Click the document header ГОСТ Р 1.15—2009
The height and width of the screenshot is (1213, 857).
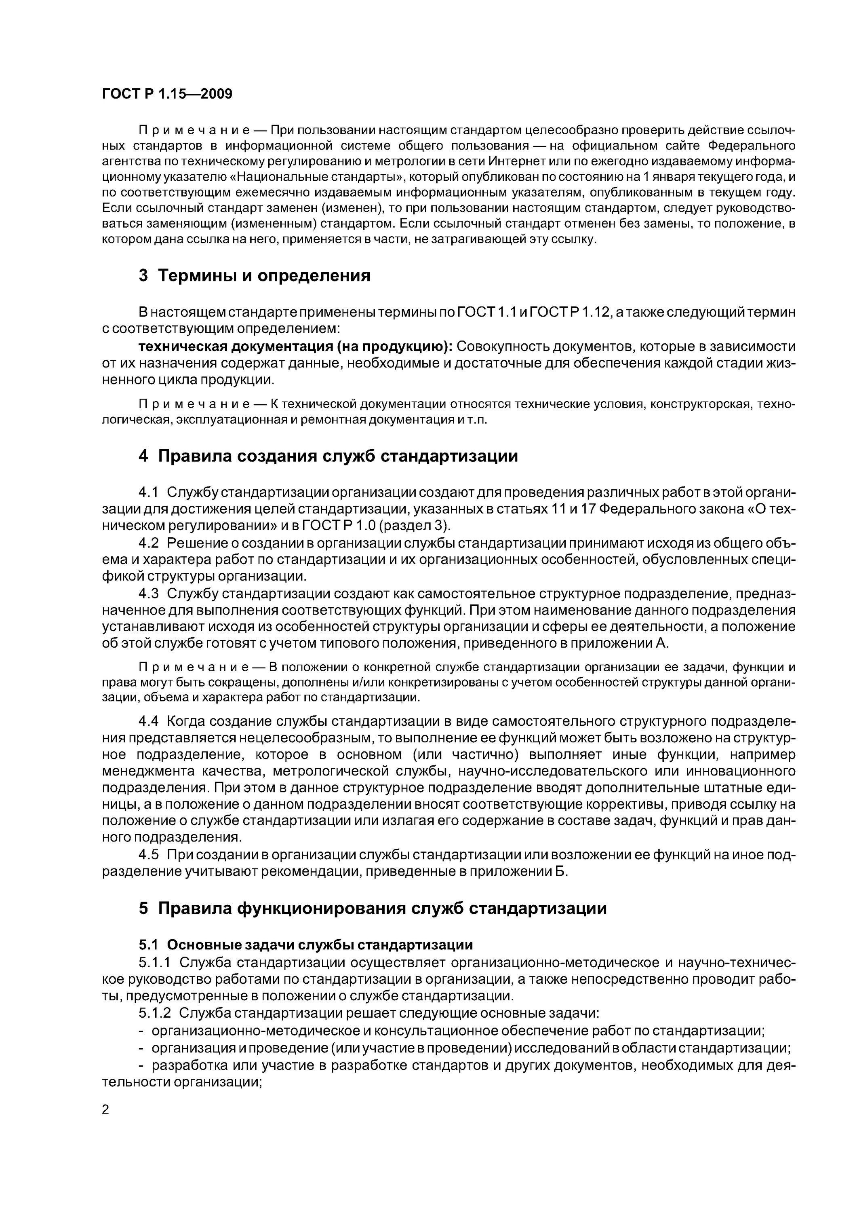167,94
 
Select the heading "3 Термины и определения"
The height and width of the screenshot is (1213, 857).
254,276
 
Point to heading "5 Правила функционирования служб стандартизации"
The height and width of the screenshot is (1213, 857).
372,908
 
